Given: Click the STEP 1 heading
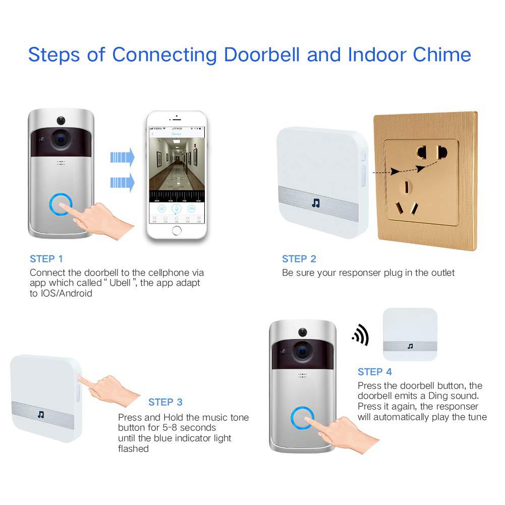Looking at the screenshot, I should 46,259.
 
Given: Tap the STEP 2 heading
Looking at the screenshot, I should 299,259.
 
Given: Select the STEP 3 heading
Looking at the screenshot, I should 165,402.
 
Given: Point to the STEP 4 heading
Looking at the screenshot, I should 375,372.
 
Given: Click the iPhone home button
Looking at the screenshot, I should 177,231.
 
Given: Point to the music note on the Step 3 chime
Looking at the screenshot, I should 41,414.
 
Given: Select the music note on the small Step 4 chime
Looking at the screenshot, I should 410,346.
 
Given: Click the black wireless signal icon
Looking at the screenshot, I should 361,335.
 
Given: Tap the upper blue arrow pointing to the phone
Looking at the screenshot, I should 123,158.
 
